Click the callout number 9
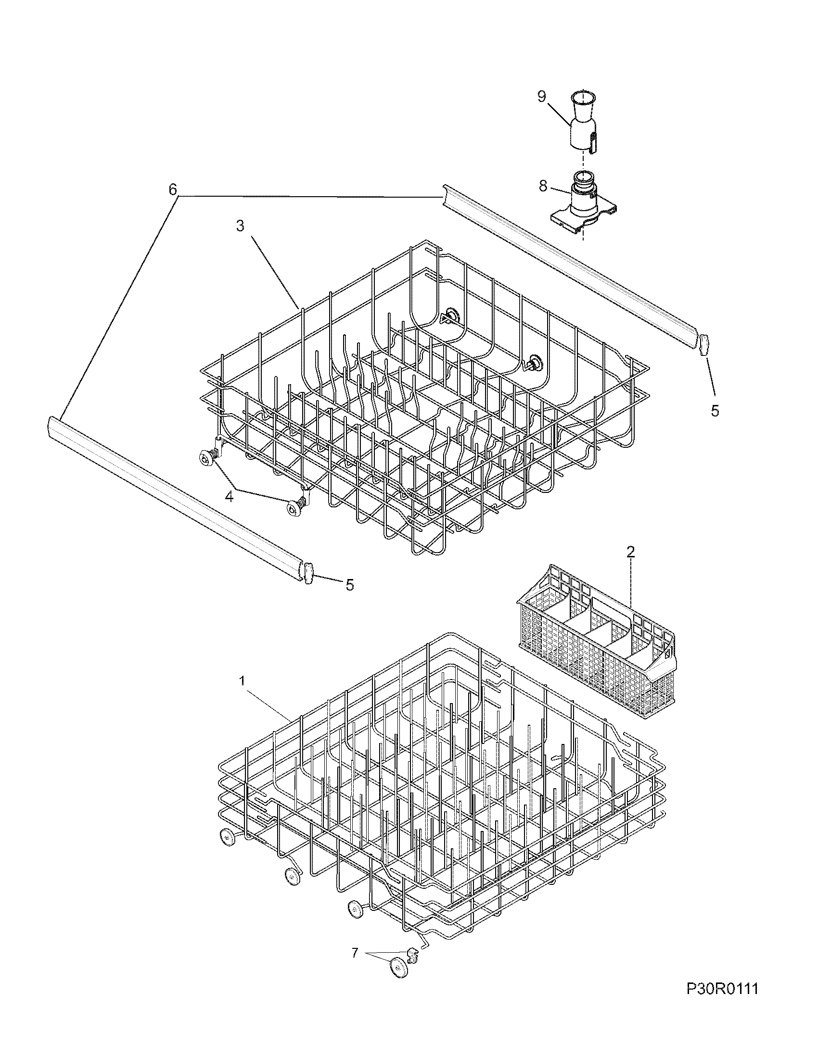click(x=542, y=96)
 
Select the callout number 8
click(x=542, y=186)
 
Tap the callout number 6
click(x=173, y=189)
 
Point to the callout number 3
click(x=241, y=226)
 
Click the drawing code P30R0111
click(x=722, y=1012)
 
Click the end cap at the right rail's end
click(x=704, y=344)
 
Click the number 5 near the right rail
click(x=715, y=411)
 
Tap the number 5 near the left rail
click(x=349, y=585)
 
